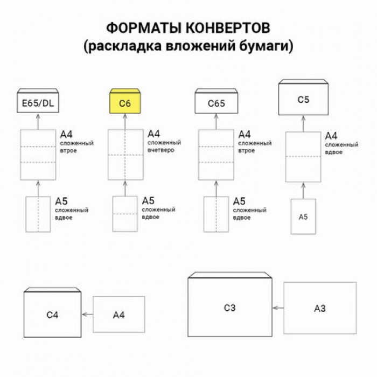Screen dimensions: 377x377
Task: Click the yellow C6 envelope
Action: point(125,102)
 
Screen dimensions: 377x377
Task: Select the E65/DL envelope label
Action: point(38,103)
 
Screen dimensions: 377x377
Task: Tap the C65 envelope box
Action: point(216,103)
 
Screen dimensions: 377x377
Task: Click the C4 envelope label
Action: point(52,315)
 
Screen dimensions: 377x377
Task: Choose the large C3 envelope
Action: point(230,308)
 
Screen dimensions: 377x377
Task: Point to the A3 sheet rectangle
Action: point(320,308)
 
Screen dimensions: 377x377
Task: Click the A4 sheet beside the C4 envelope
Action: point(119,315)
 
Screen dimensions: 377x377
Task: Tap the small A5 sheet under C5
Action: point(303,217)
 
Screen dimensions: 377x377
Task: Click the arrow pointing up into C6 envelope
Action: point(125,122)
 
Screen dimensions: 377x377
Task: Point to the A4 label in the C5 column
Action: point(331,136)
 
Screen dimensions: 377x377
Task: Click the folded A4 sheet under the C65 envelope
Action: point(216,155)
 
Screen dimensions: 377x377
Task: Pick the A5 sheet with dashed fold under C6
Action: point(125,214)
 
